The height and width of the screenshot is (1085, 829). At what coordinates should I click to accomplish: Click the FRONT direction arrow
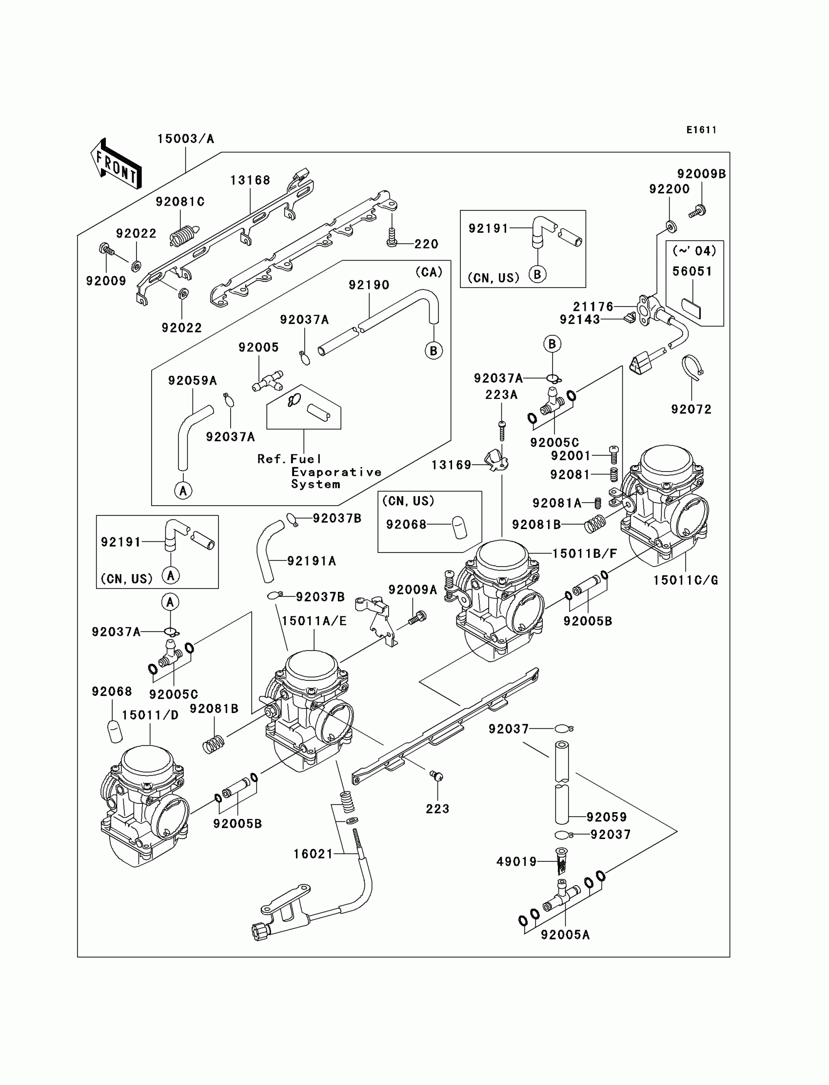(117, 164)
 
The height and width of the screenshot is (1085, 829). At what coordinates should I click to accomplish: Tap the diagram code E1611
(701, 130)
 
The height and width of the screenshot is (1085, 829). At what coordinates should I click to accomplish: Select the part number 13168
(250, 180)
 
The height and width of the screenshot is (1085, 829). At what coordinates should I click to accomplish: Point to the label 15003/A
(185, 139)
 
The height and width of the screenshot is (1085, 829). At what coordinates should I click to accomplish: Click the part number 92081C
(180, 202)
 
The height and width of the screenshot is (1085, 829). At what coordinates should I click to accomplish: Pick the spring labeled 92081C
(184, 234)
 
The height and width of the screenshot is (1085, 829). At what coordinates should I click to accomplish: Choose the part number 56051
(692, 271)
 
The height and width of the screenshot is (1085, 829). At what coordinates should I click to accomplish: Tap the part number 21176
(593, 307)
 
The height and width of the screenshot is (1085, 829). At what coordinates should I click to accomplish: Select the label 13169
(452, 465)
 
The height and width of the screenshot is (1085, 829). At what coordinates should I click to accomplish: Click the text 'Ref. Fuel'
(289, 459)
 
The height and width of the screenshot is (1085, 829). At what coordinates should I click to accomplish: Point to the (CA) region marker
(429, 272)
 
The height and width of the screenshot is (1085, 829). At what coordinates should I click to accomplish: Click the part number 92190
(369, 285)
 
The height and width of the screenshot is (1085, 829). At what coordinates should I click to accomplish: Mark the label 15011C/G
(686, 580)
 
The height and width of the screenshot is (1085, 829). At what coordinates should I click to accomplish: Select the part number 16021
(314, 854)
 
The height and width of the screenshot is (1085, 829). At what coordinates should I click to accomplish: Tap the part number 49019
(516, 862)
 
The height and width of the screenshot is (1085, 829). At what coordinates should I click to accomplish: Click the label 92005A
(566, 935)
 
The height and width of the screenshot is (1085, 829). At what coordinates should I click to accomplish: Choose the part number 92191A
(312, 561)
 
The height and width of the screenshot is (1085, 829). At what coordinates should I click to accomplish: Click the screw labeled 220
(392, 238)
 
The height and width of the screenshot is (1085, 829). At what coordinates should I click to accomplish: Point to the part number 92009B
(701, 174)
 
